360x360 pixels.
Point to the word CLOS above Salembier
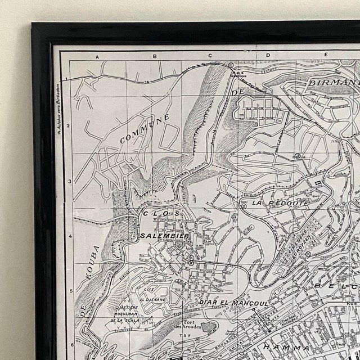(x=161, y=214)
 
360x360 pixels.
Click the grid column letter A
(x=96, y=57)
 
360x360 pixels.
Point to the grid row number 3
(x=69, y=181)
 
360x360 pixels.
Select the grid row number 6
(x=72, y=345)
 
